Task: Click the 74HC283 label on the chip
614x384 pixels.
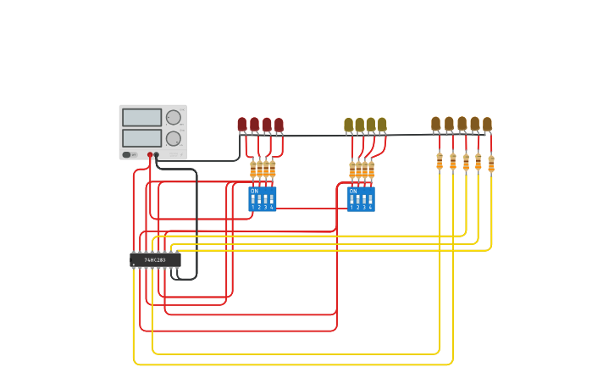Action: coord(155,260)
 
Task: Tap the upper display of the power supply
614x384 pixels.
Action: coord(141,118)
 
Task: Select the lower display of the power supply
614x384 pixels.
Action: coord(141,137)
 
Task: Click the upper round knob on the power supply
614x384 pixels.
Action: coord(174,118)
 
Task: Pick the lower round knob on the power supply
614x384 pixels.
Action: coord(174,138)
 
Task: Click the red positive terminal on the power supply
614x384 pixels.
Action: coord(150,155)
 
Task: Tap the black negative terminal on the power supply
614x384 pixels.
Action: coord(157,155)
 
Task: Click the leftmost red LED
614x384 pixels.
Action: coord(242,125)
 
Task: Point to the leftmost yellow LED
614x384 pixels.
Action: coord(348,125)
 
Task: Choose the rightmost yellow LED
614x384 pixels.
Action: coord(382,125)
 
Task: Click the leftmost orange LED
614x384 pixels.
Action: coord(435,124)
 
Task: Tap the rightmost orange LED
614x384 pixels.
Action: coord(487,124)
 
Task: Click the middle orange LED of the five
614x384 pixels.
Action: coord(462,124)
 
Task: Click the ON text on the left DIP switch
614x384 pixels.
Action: coord(254,191)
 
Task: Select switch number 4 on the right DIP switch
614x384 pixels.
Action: coord(370,201)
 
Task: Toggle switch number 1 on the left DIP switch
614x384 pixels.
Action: coord(252,200)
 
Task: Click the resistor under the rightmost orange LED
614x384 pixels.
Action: coord(491,163)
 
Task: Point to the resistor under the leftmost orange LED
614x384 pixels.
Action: coord(440,161)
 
